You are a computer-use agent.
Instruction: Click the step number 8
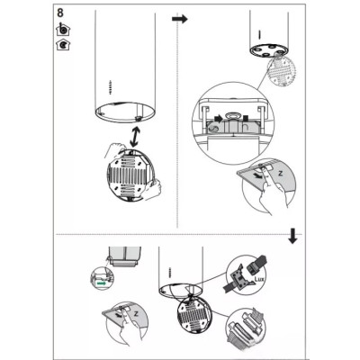point(60,13)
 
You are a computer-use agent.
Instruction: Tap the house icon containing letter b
point(63,29)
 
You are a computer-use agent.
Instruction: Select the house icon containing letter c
point(63,44)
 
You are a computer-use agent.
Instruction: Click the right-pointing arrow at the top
point(180,19)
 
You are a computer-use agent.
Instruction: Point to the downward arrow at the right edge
point(292,236)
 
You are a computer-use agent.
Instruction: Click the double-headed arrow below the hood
point(135,137)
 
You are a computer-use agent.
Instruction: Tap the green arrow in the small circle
point(102,283)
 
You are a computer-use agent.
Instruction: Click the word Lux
point(259,279)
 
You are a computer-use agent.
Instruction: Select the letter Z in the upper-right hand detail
point(281,174)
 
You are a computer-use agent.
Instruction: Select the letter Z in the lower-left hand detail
point(136,314)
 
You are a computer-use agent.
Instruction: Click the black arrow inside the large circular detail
point(219,119)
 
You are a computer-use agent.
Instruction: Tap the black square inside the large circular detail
point(246,118)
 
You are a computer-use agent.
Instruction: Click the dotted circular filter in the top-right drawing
point(281,69)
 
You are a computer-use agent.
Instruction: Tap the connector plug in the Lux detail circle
point(258,264)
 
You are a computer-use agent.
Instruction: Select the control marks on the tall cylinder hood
point(110,87)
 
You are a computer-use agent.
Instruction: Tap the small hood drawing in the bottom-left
point(124,256)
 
